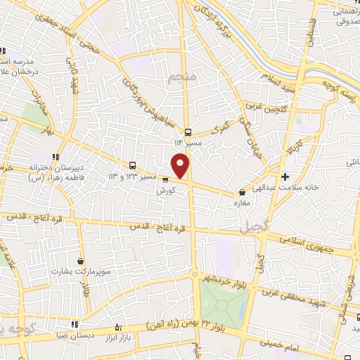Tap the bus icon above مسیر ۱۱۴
pyautogui.click(x=188, y=131)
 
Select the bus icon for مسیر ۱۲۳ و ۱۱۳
pyautogui.click(x=132, y=165)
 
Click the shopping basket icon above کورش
pyautogui.click(x=165, y=179)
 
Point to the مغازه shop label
pyautogui.click(x=243, y=202)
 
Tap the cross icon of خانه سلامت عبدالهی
pyautogui.click(x=284, y=176)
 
